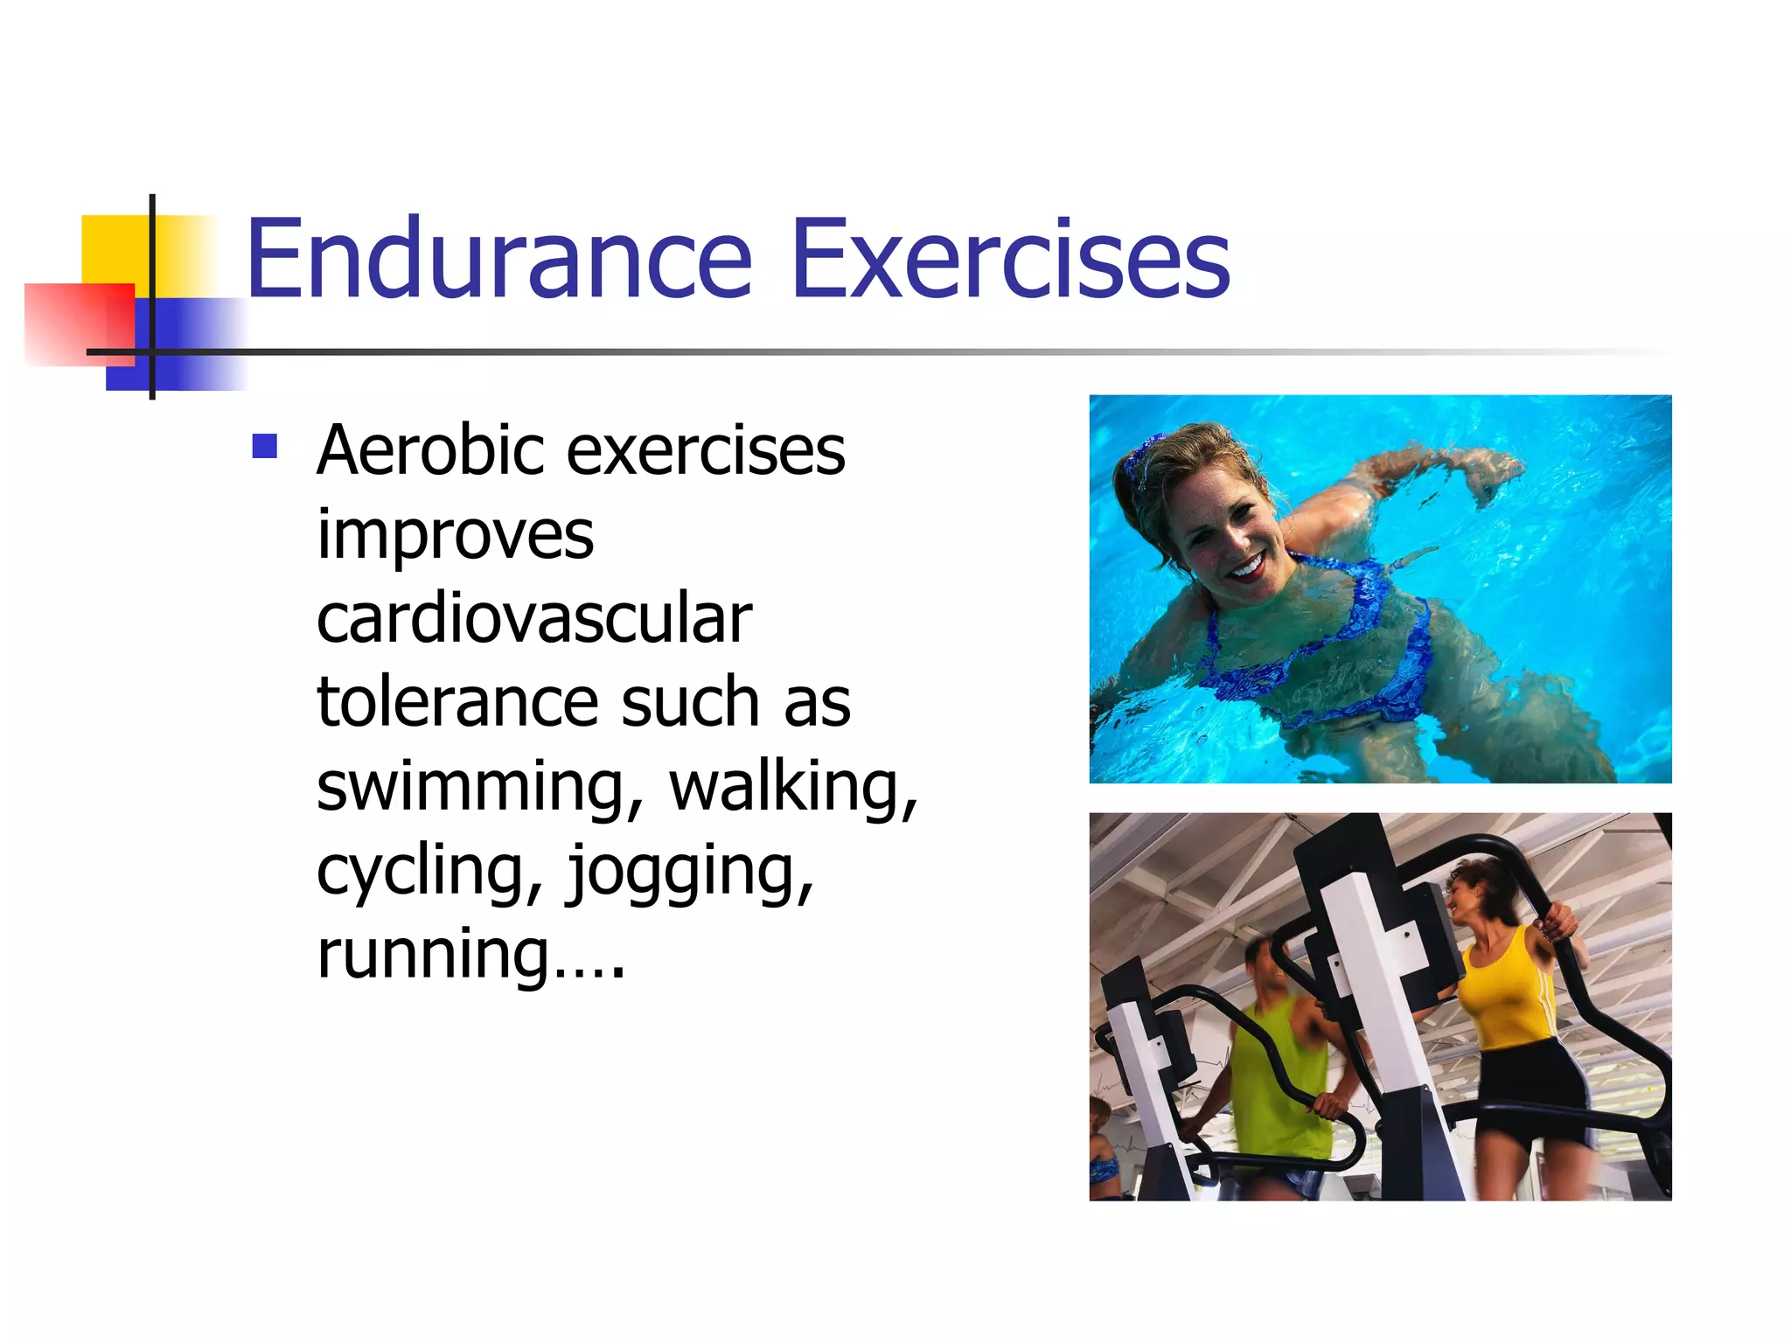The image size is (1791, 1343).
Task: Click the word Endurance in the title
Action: coord(498,260)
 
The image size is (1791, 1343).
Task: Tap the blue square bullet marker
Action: coord(264,447)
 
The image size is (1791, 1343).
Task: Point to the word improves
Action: coord(455,535)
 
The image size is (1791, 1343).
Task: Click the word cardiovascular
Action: coord(533,618)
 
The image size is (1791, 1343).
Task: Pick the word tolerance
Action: coord(457,702)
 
